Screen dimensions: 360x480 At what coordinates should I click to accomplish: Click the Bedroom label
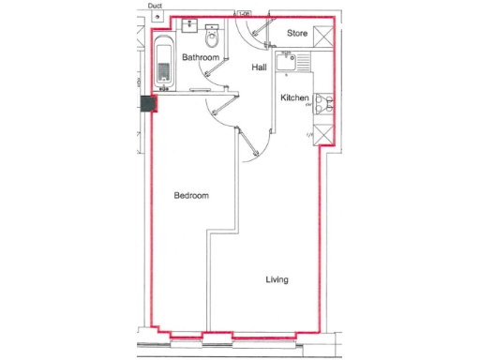[x=191, y=196]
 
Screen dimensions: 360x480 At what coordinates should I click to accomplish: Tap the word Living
[x=277, y=279]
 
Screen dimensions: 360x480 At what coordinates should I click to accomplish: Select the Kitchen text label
[x=294, y=97]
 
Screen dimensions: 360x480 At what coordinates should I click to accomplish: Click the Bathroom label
[x=201, y=58]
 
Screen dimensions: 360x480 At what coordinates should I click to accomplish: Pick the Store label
[x=297, y=34]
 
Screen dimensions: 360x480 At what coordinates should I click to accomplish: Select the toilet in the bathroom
[x=213, y=37]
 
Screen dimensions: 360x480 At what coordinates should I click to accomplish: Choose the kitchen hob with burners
[x=323, y=102]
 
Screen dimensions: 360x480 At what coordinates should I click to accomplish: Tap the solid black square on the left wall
[x=147, y=105]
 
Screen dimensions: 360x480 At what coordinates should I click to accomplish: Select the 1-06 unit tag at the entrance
[x=245, y=14]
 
